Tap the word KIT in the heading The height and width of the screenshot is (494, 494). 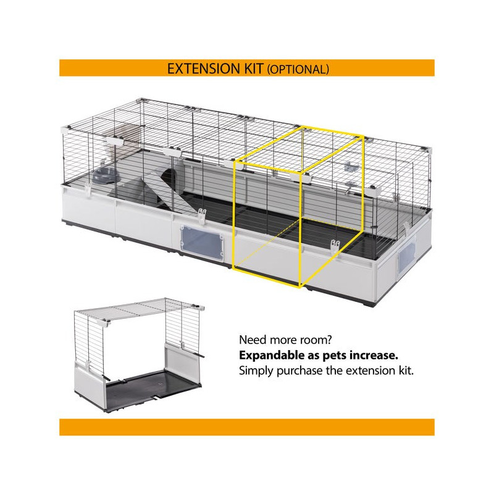254,69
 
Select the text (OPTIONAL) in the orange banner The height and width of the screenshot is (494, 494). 298,69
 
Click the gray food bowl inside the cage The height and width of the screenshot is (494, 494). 106,175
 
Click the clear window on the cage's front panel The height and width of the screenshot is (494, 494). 202,241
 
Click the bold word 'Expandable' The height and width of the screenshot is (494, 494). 272,356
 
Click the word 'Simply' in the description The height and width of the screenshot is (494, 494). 256,371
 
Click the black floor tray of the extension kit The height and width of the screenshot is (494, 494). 152,391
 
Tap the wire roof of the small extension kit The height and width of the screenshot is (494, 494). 140,310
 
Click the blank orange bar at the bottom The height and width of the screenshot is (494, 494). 246,427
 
